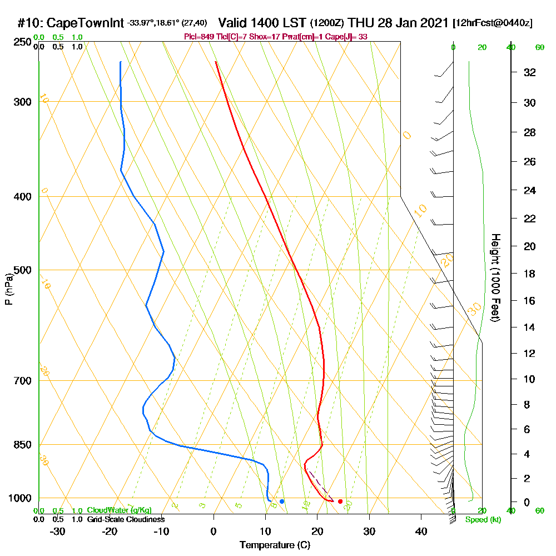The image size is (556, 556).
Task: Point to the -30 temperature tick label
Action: pyautogui.click(x=58, y=531)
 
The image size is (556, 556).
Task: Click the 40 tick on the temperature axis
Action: pyautogui.click(x=421, y=531)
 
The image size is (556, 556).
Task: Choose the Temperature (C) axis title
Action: pyautogui.click(x=275, y=545)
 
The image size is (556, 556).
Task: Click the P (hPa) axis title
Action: pyautogui.click(x=8, y=289)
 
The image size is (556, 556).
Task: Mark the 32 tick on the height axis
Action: pyautogui.click(x=530, y=72)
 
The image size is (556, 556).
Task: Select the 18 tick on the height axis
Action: pyautogui.click(x=530, y=274)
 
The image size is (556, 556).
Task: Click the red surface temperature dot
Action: pyautogui.click(x=340, y=502)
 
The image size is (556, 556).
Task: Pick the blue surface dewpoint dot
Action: pyautogui.click(x=282, y=502)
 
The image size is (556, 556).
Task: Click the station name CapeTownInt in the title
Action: pyautogui.click(x=84, y=23)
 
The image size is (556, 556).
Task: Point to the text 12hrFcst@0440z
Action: pyautogui.click(x=493, y=23)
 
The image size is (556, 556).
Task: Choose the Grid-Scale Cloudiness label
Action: pyautogui.click(x=126, y=519)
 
